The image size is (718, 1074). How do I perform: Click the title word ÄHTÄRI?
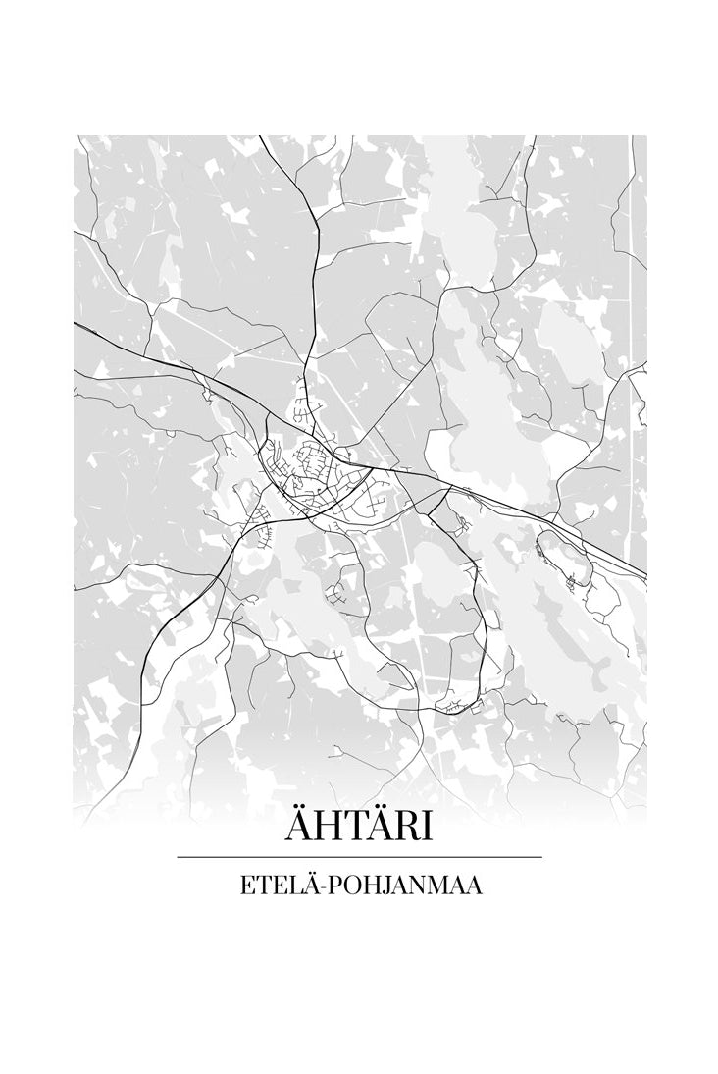click(x=359, y=827)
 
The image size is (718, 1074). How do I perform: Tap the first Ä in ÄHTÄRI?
click(x=297, y=827)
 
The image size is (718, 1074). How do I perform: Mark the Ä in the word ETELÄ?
click(x=307, y=885)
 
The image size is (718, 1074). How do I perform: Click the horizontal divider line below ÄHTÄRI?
click(x=359, y=857)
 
